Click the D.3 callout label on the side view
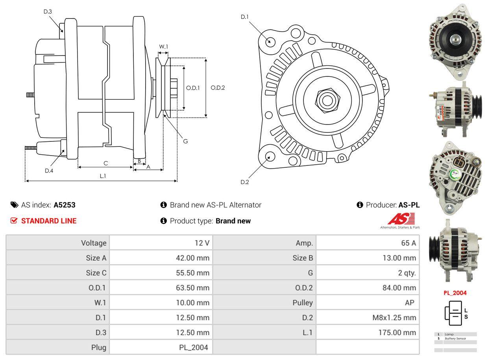[48, 11]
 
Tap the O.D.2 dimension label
[218, 87]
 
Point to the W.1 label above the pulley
[163, 46]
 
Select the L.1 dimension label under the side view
[103, 176]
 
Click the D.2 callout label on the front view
[245, 182]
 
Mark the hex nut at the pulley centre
[326, 100]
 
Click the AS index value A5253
[65, 205]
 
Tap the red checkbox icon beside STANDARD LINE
[14, 221]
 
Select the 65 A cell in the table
[408, 243]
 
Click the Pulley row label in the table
[303, 302]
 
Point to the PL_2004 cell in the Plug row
[193, 347]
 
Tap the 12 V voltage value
[202, 243]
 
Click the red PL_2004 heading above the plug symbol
[455, 293]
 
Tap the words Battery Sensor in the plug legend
[455, 338]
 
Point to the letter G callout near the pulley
[185, 141]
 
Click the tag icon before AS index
[14, 205]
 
